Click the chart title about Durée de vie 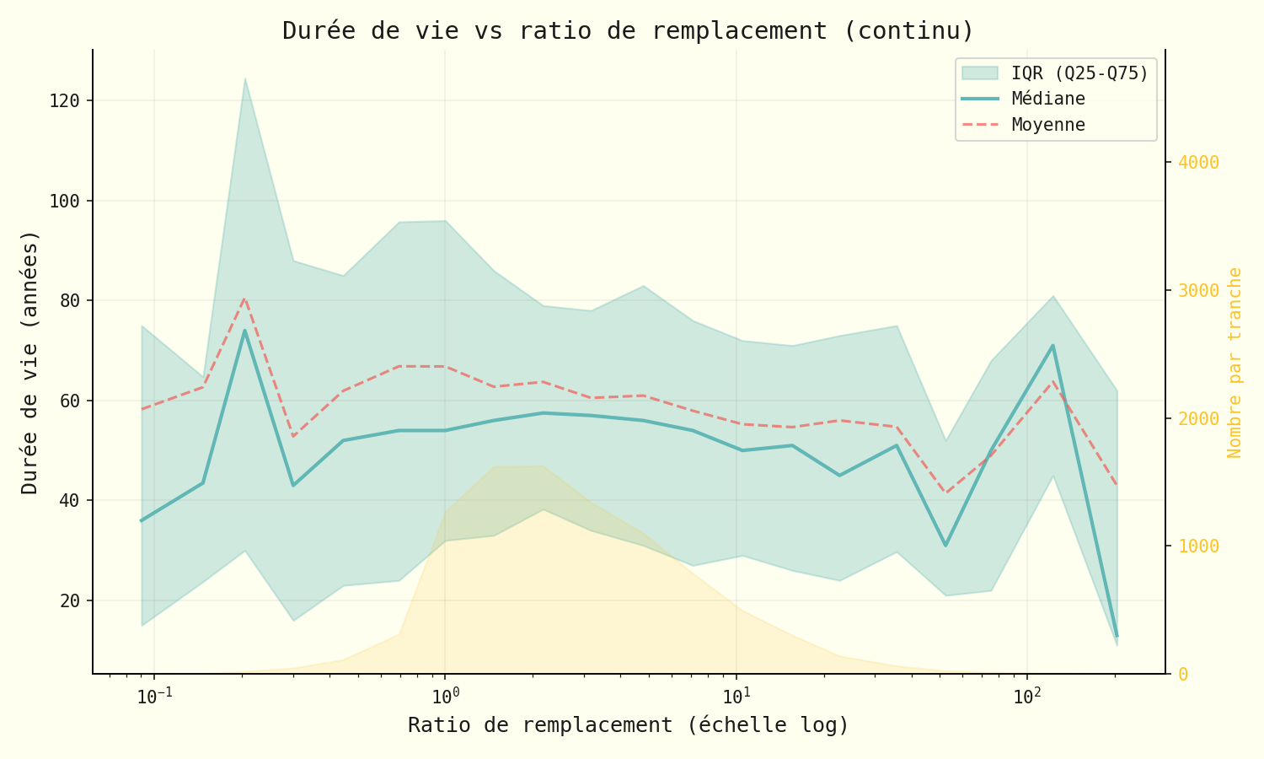628,31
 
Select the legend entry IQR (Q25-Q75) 1079,73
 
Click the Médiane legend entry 1048,99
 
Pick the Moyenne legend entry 1048,125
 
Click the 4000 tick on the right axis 1198,162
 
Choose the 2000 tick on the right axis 1198,418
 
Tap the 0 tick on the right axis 1183,674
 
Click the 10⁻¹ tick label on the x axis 153,697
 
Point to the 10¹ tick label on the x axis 736,697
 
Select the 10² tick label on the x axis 1026,697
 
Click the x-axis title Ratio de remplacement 628,725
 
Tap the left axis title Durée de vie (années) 30,362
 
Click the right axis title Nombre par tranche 1235,362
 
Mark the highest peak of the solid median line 244,331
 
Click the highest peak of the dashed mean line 244,298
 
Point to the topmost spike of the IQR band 244,78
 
